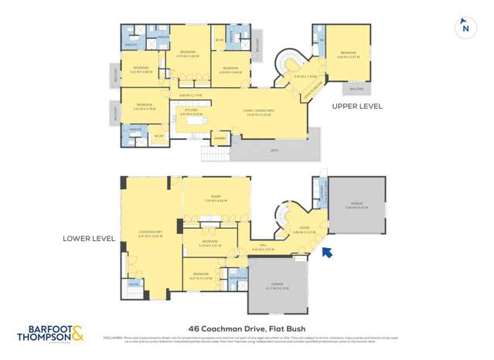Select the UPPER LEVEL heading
[356, 106]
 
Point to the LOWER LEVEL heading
[88, 239]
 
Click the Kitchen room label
[190, 110]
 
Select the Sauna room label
[134, 285]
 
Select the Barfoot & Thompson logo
[51, 335]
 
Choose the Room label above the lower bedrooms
[216, 198]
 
